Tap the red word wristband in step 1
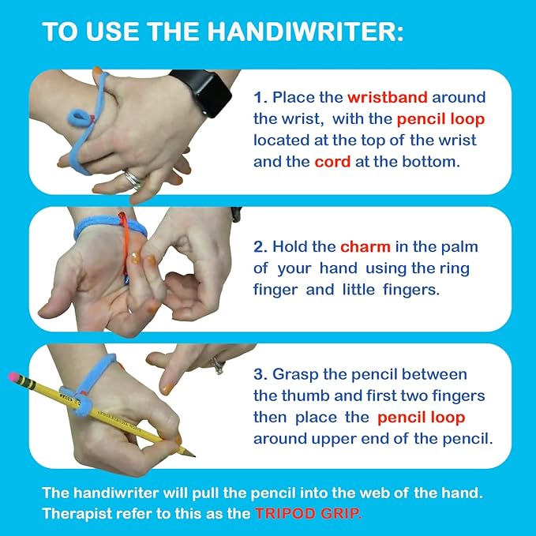coord(387,98)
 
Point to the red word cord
coord(332,162)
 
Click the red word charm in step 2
coord(365,246)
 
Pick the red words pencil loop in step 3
coord(421,416)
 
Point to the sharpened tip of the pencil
coord(190,453)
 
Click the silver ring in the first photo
coord(134,180)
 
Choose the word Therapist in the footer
coord(78,512)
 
